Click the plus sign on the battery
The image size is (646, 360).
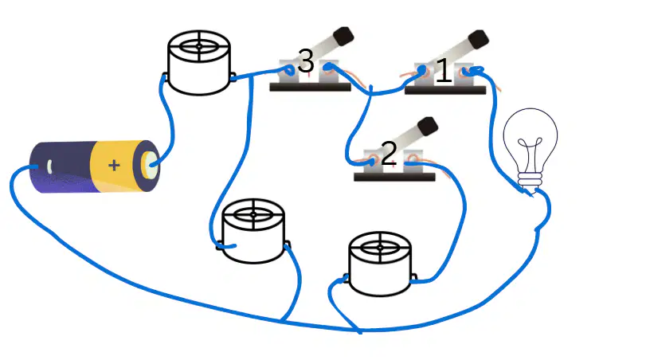coord(114,165)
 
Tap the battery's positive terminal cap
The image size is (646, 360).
coord(149,165)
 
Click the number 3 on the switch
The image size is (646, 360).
coord(306,61)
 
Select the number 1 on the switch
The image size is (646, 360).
coord(444,71)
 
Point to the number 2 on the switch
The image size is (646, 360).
coord(389,154)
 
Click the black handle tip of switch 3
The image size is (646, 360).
coord(343,36)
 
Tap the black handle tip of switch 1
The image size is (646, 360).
coord(478,39)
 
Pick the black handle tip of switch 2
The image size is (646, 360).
coord(427,126)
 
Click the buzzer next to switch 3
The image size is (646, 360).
coord(199,62)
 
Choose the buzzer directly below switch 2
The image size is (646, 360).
coord(380,264)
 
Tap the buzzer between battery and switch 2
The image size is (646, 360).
coord(253,231)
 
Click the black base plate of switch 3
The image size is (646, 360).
coord(310,87)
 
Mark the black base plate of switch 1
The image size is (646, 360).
coord(445,90)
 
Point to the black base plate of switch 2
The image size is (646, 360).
coord(394,177)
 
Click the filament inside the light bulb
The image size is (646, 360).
coord(530,153)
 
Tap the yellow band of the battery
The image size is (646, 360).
coord(116,166)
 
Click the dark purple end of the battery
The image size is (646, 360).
coord(63,166)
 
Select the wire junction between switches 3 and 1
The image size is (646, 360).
coord(370,94)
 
